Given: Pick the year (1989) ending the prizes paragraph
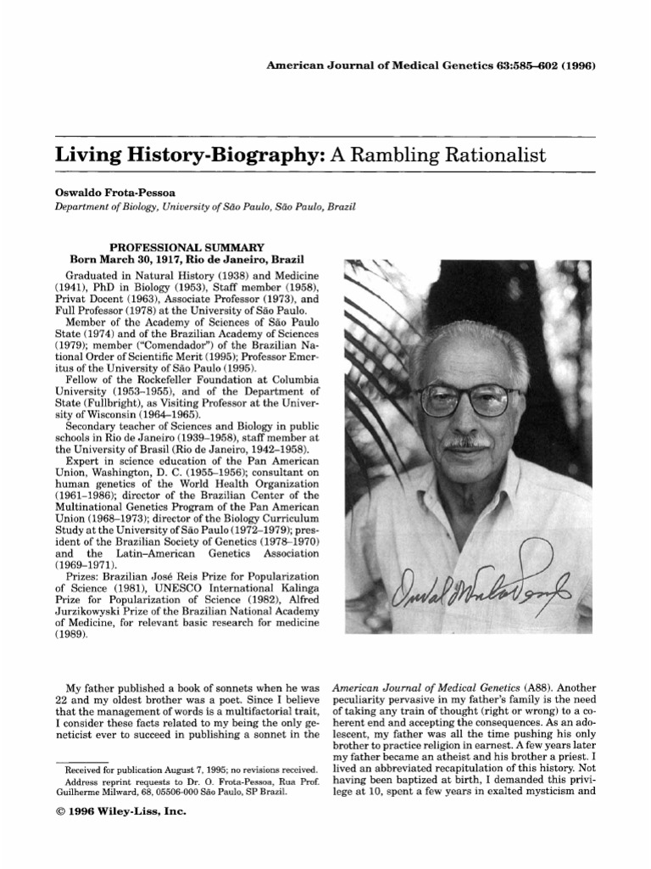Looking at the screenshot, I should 72,634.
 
